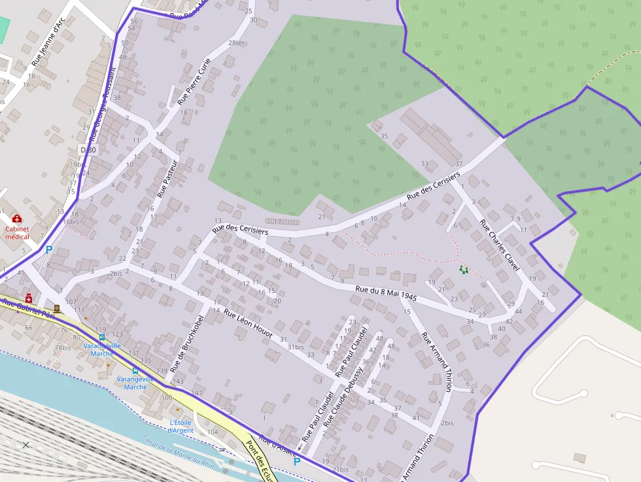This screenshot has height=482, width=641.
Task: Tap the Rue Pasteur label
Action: click(x=168, y=178)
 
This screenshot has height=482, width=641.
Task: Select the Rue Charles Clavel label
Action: click(x=500, y=244)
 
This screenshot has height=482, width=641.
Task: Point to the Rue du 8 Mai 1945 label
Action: click(x=386, y=292)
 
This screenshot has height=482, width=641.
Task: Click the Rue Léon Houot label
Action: click(x=248, y=323)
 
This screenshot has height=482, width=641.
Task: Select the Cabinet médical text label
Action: click(x=17, y=232)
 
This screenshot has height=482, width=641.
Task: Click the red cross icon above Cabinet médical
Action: click(x=16, y=218)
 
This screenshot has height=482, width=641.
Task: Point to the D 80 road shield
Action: click(x=88, y=150)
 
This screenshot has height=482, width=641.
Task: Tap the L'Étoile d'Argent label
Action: click(x=180, y=426)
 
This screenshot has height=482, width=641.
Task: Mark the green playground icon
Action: click(x=464, y=269)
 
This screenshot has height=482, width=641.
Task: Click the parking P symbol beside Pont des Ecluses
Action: click(x=297, y=461)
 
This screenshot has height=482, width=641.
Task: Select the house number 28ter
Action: click(x=237, y=43)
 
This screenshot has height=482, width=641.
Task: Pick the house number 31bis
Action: click(x=296, y=347)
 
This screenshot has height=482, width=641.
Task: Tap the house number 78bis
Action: click(x=63, y=347)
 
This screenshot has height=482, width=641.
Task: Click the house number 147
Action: click(x=196, y=393)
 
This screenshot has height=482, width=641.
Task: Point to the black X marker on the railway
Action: click(x=26, y=445)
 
